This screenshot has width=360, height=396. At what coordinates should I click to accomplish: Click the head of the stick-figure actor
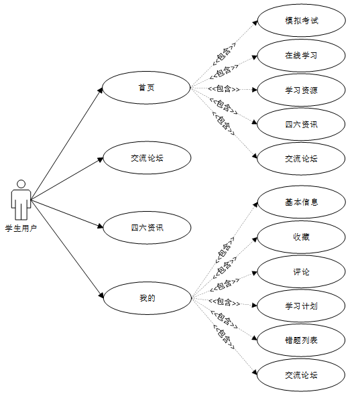pyautogui.click(x=21, y=184)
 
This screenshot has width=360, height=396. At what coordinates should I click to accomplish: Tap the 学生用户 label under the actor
pyautogui.click(x=21, y=228)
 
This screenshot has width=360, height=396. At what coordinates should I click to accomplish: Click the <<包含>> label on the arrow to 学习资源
pyautogui.click(x=224, y=89)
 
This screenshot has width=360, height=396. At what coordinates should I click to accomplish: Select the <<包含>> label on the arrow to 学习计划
pyautogui.click(x=225, y=302)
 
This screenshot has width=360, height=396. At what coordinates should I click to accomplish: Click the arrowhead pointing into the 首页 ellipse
pyautogui.click(x=101, y=90)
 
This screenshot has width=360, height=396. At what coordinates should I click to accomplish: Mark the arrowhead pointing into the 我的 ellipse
pyautogui.click(x=101, y=295)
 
